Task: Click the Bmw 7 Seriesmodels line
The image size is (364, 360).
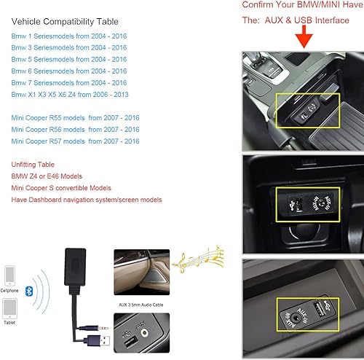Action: (x=69, y=82)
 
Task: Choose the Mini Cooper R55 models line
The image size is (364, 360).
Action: (x=75, y=117)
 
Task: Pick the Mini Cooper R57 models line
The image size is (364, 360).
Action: (x=75, y=141)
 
